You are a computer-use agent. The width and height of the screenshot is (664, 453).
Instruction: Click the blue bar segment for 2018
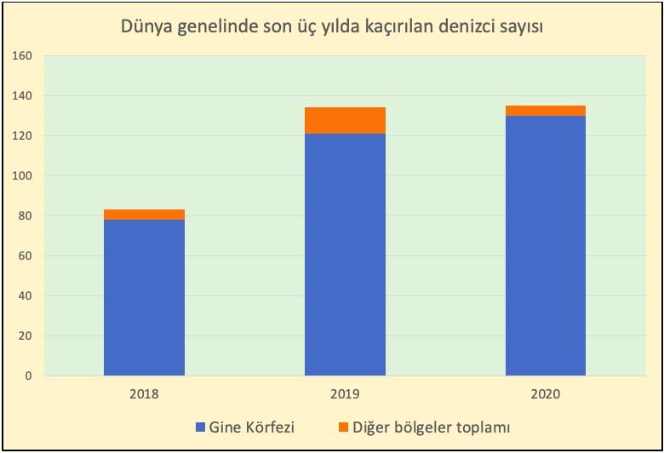point(144,297)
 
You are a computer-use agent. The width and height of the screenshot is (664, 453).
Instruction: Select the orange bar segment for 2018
point(144,215)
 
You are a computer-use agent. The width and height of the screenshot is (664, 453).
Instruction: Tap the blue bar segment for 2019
point(344,255)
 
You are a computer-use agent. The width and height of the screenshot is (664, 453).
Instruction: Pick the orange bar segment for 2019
point(344,121)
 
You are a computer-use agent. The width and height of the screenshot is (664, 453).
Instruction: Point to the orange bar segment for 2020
point(545,111)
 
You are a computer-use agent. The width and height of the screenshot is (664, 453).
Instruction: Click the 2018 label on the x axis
point(144,394)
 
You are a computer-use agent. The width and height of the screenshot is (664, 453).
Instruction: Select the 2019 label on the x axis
point(344,394)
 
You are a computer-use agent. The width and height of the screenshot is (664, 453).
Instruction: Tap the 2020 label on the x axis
point(545,394)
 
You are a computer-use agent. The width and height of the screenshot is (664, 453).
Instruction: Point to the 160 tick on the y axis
point(22,56)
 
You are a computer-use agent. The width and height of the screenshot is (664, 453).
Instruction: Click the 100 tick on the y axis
point(22,176)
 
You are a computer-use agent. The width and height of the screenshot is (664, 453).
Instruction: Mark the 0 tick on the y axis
point(28,376)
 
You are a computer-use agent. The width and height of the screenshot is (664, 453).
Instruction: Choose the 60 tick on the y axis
point(25,256)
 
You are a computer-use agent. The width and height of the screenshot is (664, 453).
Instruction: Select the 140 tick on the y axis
point(22,96)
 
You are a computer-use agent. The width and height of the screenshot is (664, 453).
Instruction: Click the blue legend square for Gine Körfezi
point(200,427)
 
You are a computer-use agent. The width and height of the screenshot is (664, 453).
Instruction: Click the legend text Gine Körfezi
point(251,427)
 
